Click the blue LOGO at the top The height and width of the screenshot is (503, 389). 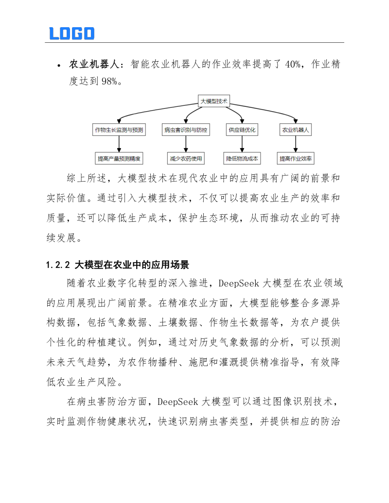(x=71, y=33)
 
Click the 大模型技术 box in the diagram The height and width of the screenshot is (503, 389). (x=214, y=101)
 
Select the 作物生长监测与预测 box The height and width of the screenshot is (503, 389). (x=119, y=130)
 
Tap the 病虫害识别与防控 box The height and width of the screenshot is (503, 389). (x=185, y=130)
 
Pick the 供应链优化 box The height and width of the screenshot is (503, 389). (x=242, y=130)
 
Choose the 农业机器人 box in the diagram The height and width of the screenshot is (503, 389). (x=296, y=130)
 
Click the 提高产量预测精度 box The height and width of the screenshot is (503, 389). (x=119, y=158)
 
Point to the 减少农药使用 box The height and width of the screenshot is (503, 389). (x=185, y=158)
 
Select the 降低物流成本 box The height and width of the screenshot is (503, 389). (x=242, y=158)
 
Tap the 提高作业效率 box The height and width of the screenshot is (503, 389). (x=296, y=158)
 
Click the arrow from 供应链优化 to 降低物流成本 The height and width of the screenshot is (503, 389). (x=242, y=144)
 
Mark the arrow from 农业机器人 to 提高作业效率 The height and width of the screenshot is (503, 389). (x=296, y=144)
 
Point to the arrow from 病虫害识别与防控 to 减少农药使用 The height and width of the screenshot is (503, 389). (x=185, y=144)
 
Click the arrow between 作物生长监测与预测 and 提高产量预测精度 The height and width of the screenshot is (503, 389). (x=119, y=144)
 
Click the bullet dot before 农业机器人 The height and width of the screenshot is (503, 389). (x=58, y=65)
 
